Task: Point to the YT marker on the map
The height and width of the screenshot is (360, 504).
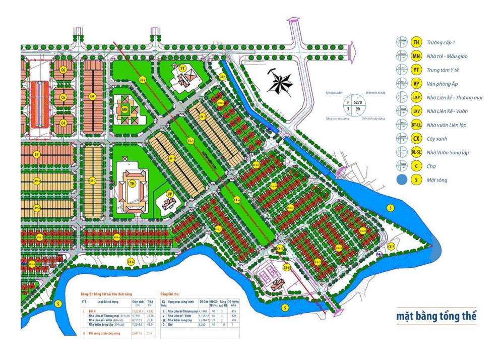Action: (x=182, y=68)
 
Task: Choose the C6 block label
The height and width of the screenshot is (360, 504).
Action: (x=64, y=70)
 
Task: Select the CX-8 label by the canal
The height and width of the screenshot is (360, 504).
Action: (x=222, y=77)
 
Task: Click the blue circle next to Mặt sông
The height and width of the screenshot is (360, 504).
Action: (x=402, y=179)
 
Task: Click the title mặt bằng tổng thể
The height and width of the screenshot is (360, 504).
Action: (x=436, y=318)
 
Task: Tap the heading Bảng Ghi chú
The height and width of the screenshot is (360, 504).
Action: (x=169, y=293)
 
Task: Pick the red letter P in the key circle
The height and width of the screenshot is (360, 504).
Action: (x=346, y=101)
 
